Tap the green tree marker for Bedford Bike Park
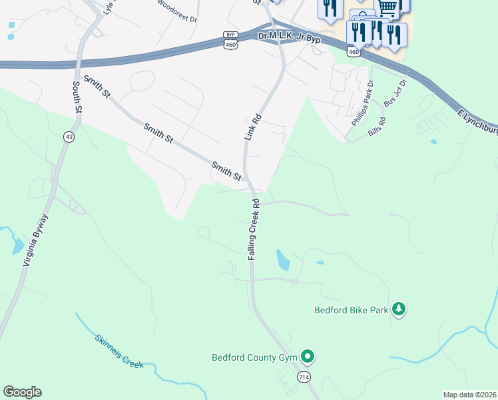[399, 309]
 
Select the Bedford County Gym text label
[254, 357]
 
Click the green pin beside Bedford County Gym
[307, 356]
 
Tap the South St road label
[77, 96]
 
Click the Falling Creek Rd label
[254, 229]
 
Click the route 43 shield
[68, 136]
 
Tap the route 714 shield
[304, 377]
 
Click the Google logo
[22, 392]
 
